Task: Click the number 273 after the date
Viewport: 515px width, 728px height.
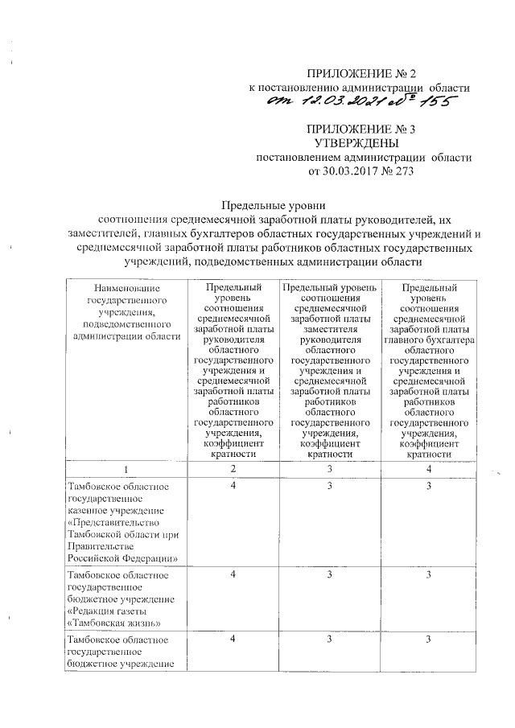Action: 398,171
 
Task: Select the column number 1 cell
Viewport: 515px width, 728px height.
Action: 125,468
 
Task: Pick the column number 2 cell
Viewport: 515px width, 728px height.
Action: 233,468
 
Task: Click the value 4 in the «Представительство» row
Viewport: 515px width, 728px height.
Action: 233,487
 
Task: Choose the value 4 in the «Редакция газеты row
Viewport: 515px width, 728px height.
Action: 233,574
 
